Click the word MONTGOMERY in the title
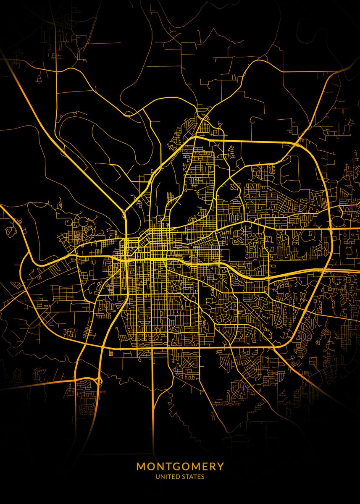pyautogui.click(x=180, y=467)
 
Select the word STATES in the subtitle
pyautogui.click(x=192, y=477)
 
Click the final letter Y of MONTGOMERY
pyautogui.click(x=221, y=467)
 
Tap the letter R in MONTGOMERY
pyautogui.click(x=212, y=467)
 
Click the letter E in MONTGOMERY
pyautogui.click(x=204, y=467)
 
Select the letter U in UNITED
pyautogui.click(x=158, y=477)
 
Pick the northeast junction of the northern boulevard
pyautogui.click(x=299, y=143)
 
